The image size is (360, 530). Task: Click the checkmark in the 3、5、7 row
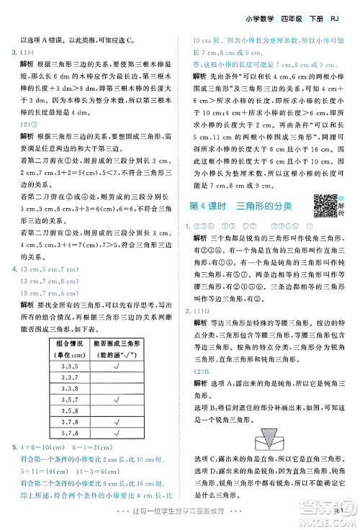click(117, 399)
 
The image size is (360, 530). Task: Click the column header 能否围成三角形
click(117, 343)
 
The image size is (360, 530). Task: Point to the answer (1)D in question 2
click(201, 310)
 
